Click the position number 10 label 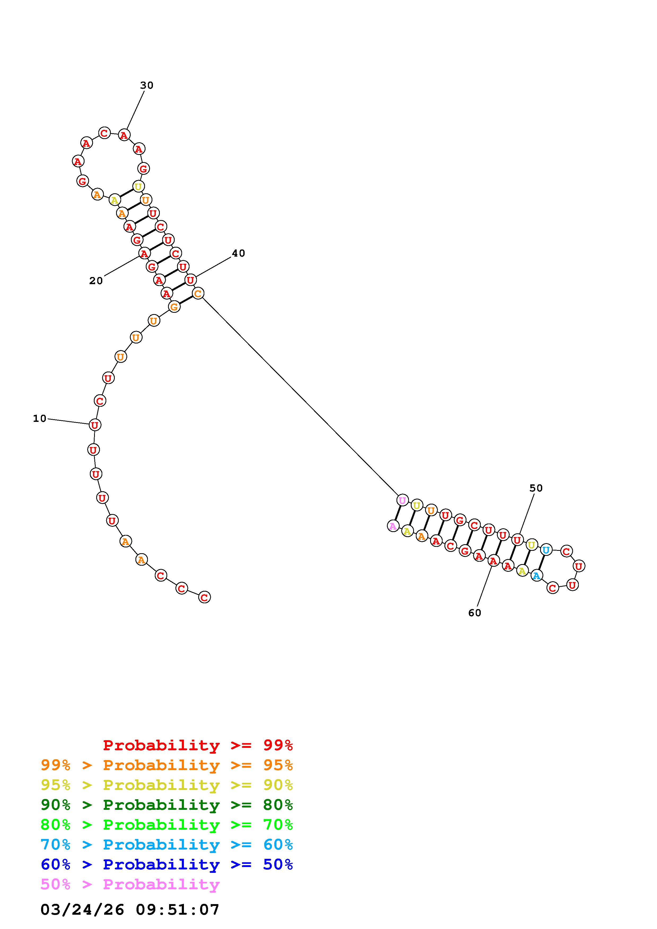click(40, 418)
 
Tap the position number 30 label click(147, 85)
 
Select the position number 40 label click(239, 253)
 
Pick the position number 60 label click(475, 613)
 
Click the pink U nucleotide click(402, 501)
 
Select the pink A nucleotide click(393, 526)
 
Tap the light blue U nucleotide click(546, 550)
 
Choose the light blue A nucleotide click(537, 575)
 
